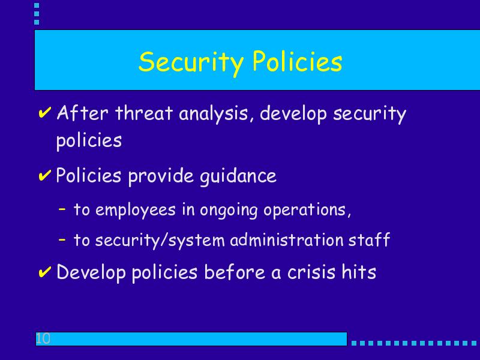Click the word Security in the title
[191, 62]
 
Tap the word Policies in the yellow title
[297, 61]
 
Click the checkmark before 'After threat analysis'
[44, 113]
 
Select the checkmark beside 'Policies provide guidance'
[44, 175]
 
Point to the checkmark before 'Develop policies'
[44, 272]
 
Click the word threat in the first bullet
[144, 113]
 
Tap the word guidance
[238, 176]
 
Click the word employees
[136, 211]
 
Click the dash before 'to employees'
[62, 209]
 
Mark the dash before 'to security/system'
[62, 239]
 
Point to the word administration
[287, 239]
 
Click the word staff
[369, 239]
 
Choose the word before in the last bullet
[235, 272]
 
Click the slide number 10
[43, 338]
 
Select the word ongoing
[229, 211]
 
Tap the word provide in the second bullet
[161, 176]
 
